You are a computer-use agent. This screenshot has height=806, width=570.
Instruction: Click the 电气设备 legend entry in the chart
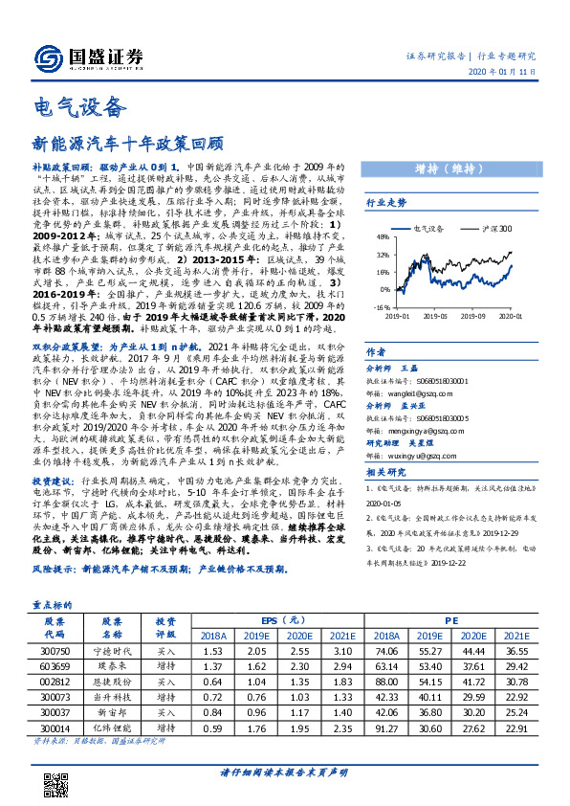(425, 229)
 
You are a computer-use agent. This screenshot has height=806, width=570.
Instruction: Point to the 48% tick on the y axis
(382, 236)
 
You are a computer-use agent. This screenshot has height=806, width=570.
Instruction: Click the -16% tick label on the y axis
(381, 307)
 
